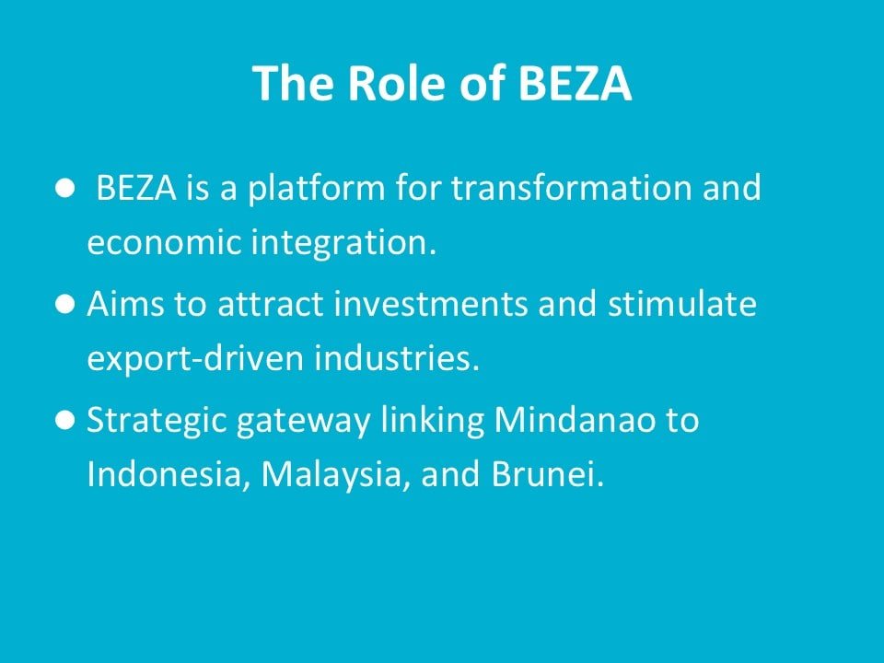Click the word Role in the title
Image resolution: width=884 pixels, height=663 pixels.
point(398,83)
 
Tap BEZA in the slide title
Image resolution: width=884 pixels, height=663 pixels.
point(575,83)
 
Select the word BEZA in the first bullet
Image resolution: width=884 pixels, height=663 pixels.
point(136,187)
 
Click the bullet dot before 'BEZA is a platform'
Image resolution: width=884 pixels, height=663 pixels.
point(65,188)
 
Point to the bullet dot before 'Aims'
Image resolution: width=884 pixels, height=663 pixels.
point(65,304)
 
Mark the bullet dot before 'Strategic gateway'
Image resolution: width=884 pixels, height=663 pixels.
point(65,420)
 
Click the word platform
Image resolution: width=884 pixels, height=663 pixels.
point(316,189)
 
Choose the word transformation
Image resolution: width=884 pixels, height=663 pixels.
point(571,187)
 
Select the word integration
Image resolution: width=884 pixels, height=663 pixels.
point(343,243)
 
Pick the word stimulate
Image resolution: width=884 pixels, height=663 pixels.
point(682,303)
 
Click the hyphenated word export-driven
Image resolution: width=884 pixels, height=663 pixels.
point(195,358)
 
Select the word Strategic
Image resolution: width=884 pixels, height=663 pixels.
point(157,421)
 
